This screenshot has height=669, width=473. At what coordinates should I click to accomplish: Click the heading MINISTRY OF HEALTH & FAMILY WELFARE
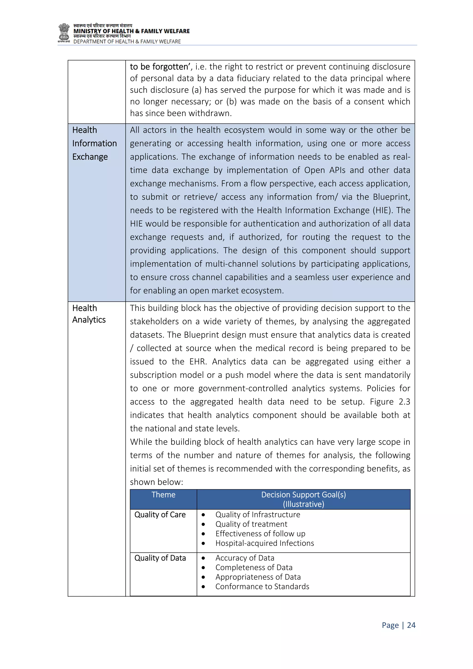pyautogui.click(x=131, y=31)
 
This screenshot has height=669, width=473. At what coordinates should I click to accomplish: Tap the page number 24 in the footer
pyautogui.click(x=411, y=625)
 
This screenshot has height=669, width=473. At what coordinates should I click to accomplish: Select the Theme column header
pyautogui.click(x=163, y=494)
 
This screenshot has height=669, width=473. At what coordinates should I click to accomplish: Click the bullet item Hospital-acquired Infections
pyautogui.click(x=264, y=543)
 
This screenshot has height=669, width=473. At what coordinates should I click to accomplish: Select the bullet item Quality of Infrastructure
pyautogui.click(x=258, y=515)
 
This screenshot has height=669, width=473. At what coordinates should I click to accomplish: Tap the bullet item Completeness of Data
pyautogui.click(x=254, y=567)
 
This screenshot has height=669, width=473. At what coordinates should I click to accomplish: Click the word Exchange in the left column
pyautogui.click(x=90, y=157)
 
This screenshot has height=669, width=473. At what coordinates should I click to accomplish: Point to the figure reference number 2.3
pyautogui.click(x=404, y=402)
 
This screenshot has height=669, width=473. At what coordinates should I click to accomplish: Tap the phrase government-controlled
pyautogui.click(x=243, y=388)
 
